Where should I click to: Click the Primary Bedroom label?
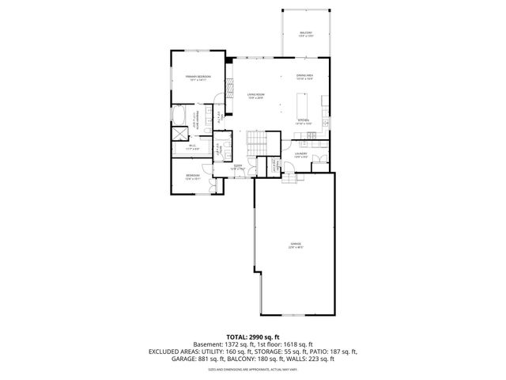coord(198,78)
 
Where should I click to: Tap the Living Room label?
coord(255,96)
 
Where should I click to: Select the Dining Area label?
coord(305,78)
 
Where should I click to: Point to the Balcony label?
coord(305,34)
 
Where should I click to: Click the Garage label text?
coord(295,246)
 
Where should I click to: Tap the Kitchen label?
coord(304,122)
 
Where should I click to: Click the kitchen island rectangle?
coord(301,104)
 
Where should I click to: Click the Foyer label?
coord(237,167)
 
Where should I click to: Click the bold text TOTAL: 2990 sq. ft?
coord(253,336)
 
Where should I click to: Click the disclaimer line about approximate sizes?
coord(253,369)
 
